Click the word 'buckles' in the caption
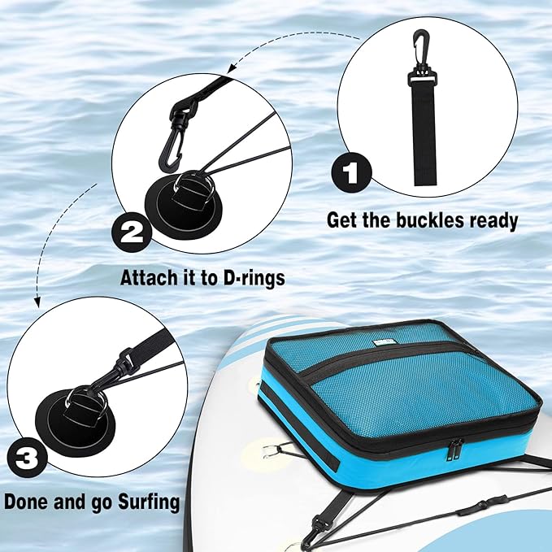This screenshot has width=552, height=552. pyautogui.click(x=423, y=219)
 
